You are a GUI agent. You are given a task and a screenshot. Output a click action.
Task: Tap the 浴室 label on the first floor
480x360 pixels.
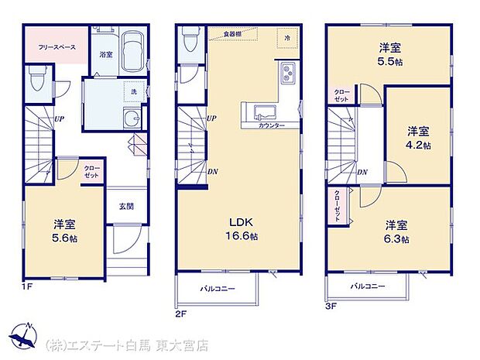106,54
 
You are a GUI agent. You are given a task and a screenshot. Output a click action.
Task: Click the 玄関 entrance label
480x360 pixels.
126,206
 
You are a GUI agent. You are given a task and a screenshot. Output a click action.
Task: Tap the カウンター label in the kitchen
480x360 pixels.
270,125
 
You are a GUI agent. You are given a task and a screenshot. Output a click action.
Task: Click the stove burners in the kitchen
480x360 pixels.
289,74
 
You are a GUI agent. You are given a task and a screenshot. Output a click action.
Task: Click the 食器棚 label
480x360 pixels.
232,35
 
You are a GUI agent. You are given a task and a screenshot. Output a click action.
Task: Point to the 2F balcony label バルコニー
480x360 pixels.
218,288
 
